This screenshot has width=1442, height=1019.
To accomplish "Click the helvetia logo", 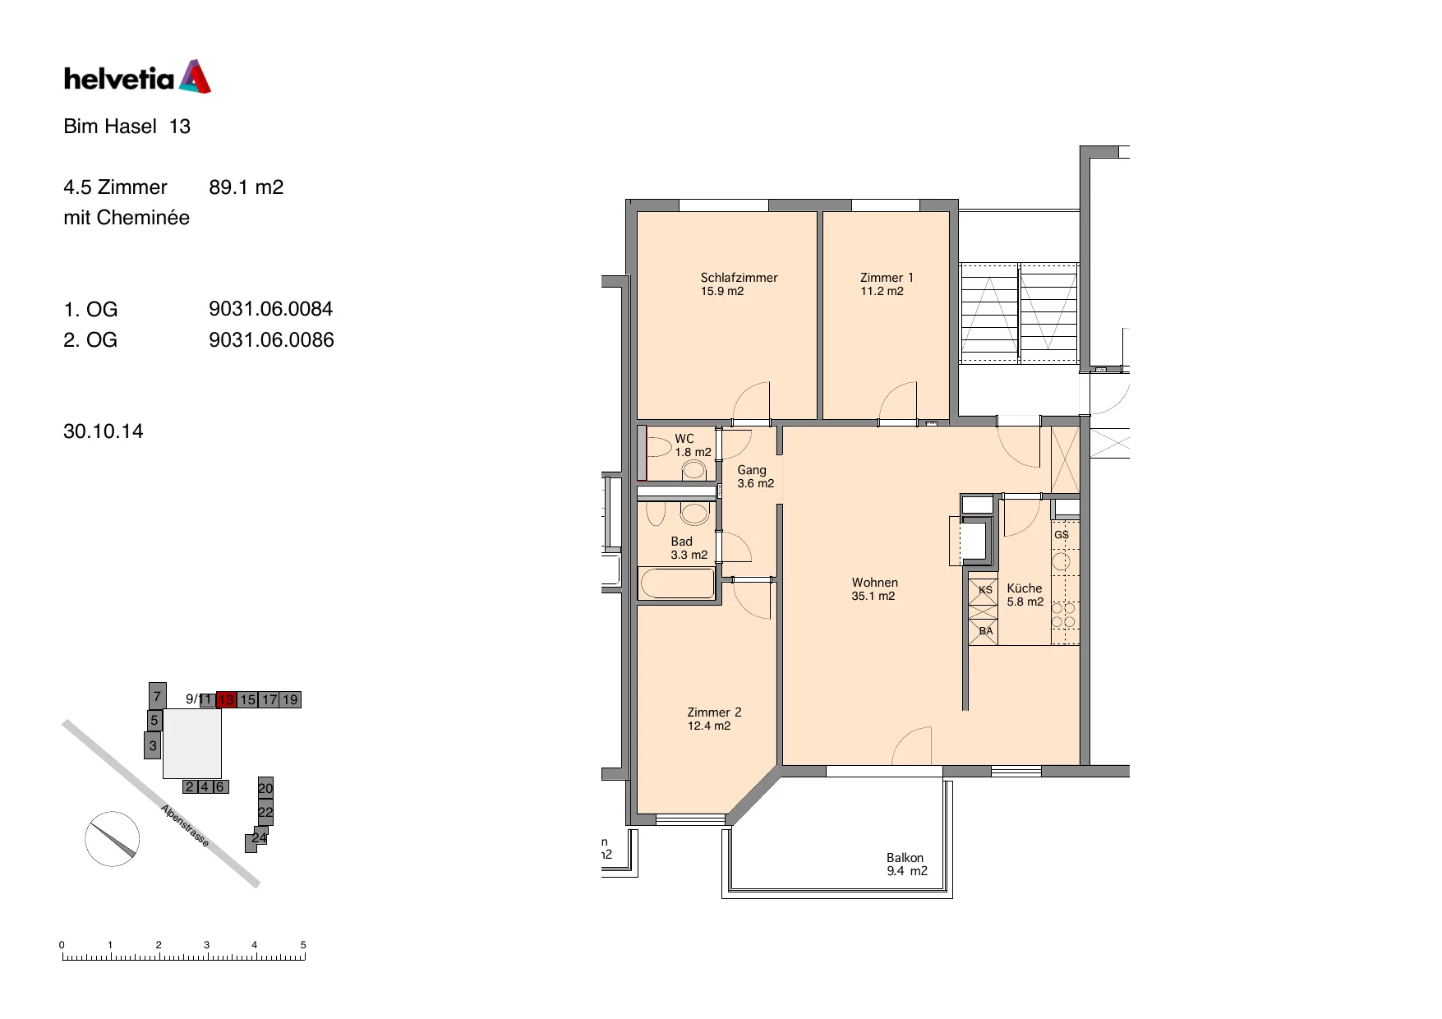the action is [137, 76].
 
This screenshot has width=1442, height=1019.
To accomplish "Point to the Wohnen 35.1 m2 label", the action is [874, 589].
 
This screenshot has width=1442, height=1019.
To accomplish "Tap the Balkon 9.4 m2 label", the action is [906, 864].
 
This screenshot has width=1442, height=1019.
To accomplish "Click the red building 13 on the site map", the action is [226, 699].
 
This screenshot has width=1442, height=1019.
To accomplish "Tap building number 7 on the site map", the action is [157, 695].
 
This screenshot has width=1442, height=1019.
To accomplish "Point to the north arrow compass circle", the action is [113, 838].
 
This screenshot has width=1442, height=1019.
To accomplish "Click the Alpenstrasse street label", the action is [185, 825].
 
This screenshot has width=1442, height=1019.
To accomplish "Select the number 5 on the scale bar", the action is [303, 945].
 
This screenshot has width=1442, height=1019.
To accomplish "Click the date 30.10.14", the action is [104, 431].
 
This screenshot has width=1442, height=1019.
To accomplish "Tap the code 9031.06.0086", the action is [271, 339].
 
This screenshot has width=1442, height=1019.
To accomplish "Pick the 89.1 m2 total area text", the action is [246, 187].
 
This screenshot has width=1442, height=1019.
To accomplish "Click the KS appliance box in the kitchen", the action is [984, 590].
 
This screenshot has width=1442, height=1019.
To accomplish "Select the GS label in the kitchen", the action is [1062, 534].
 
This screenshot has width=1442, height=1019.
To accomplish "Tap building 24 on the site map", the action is [259, 837].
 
